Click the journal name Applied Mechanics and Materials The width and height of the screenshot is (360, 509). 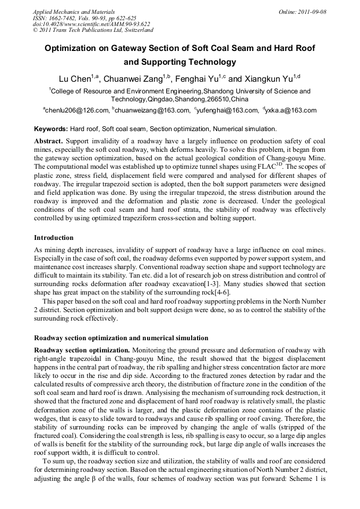tap(74, 11)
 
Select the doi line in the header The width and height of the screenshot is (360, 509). tap(91, 24)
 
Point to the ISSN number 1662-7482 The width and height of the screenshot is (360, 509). tap(67, 18)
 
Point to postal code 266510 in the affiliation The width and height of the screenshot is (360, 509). tap(217, 99)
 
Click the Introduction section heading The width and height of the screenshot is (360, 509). tap(54, 237)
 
